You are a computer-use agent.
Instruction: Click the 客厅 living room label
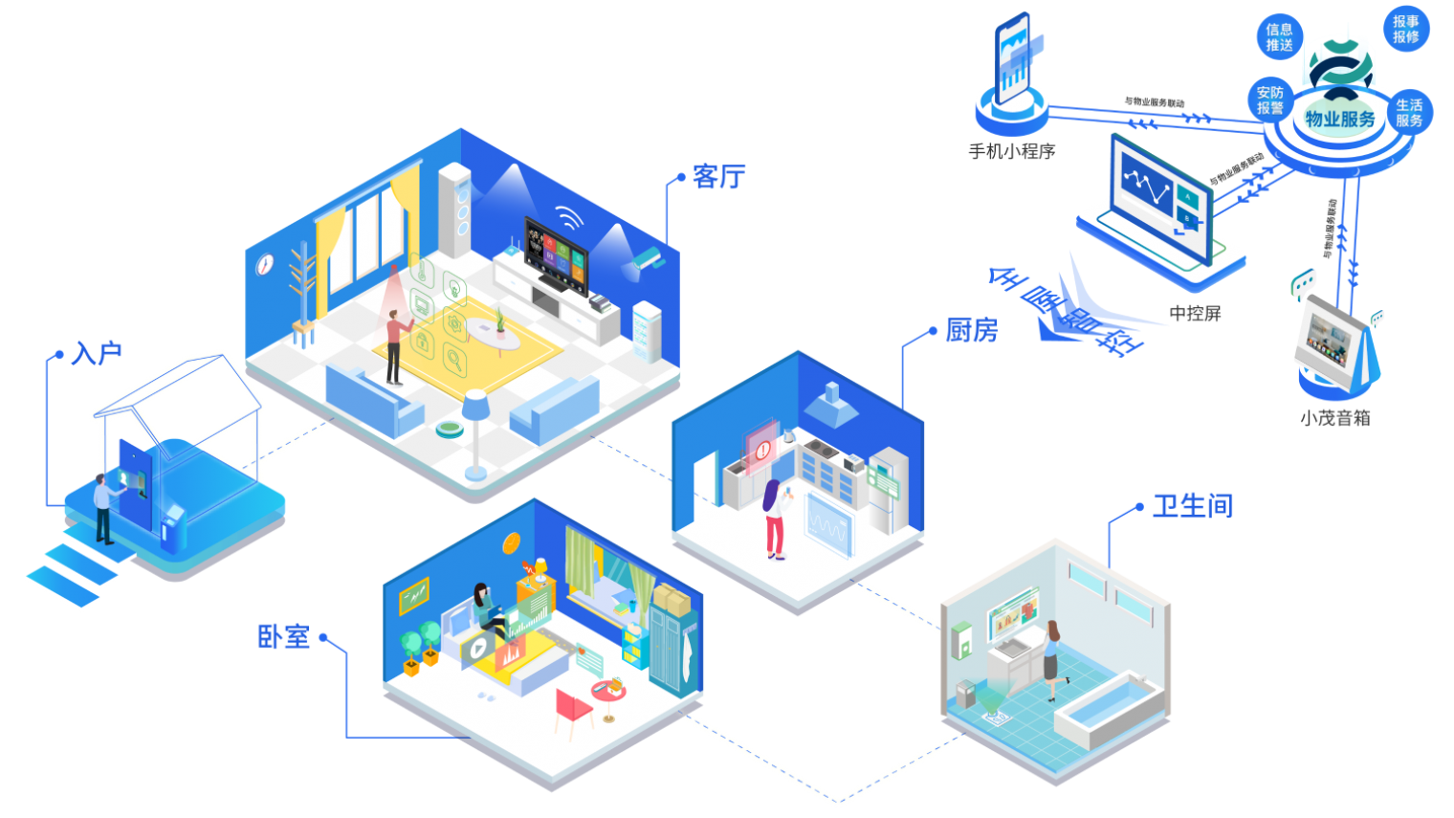point(718,177)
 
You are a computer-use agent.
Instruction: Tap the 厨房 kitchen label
point(971,331)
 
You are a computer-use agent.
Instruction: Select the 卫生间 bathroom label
point(1192,505)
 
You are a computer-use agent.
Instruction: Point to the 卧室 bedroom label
point(284,636)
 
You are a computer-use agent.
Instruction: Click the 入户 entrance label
point(97,354)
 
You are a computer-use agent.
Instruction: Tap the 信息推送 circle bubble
point(1279,37)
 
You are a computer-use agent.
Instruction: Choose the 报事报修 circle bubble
point(1405,30)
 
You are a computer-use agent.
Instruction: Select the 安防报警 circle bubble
point(1269,100)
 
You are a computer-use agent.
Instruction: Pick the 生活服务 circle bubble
point(1408,113)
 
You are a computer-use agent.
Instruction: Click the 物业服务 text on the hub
point(1340,120)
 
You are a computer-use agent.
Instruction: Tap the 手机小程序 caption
point(1011,151)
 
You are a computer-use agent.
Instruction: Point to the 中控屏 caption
point(1195,314)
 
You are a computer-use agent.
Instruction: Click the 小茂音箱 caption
point(1334,418)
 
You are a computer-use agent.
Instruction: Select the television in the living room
point(555,254)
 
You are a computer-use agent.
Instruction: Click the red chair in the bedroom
point(572,709)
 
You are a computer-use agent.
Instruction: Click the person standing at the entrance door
point(102,507)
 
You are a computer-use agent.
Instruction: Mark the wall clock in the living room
point(265,264)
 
